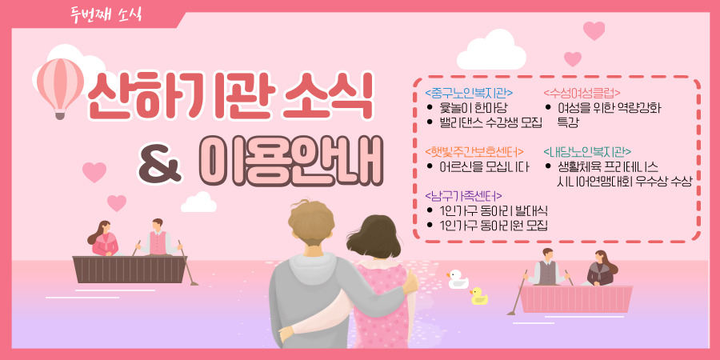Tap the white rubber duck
click(x=458, y=279)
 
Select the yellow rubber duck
click(x=479, y=296)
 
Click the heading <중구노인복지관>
click(x=469, y=94)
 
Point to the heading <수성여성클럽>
click(x=582, y=94)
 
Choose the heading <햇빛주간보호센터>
click(x=474, y=151)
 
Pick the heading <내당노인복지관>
click(x=587, y=151)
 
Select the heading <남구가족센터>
click(x=463, y=196)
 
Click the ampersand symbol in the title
click(x=160, y=164)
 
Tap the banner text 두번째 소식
click(x=106, y=14)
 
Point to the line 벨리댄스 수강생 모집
click(x=490, y=122)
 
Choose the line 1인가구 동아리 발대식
click(x=493, y=210)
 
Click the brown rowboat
click(x=130, y=269)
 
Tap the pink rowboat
click(x=576, y=299)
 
